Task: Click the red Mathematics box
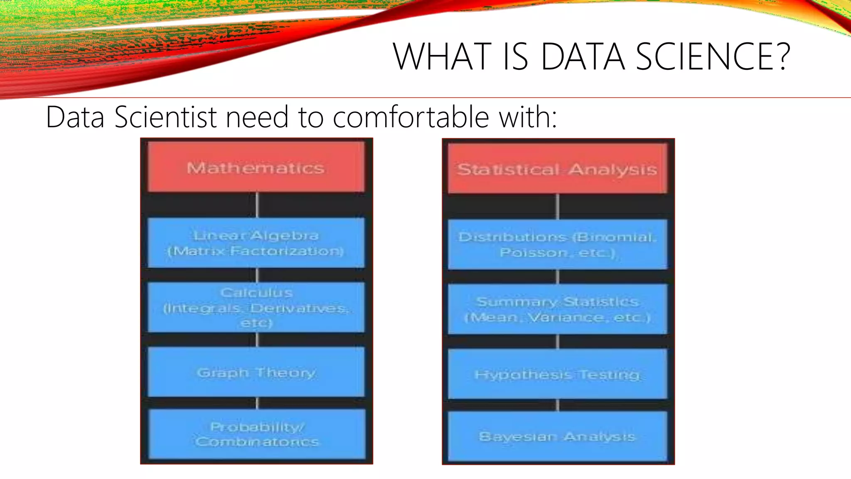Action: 256,167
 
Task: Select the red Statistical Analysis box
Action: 557,169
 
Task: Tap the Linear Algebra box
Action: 256,243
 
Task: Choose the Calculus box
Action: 256,307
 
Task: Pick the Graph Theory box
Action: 256,372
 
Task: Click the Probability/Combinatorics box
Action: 257,434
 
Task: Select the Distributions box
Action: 557,244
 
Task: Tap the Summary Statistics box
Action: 557,309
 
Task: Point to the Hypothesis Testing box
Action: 557,374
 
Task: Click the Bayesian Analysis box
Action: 557,436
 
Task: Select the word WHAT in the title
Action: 442,57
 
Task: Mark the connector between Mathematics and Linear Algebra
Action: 257,205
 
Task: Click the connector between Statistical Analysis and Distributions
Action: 558,206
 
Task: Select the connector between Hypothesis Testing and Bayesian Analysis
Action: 558,405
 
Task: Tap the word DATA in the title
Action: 583,57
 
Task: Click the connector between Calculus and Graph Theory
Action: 257,340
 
